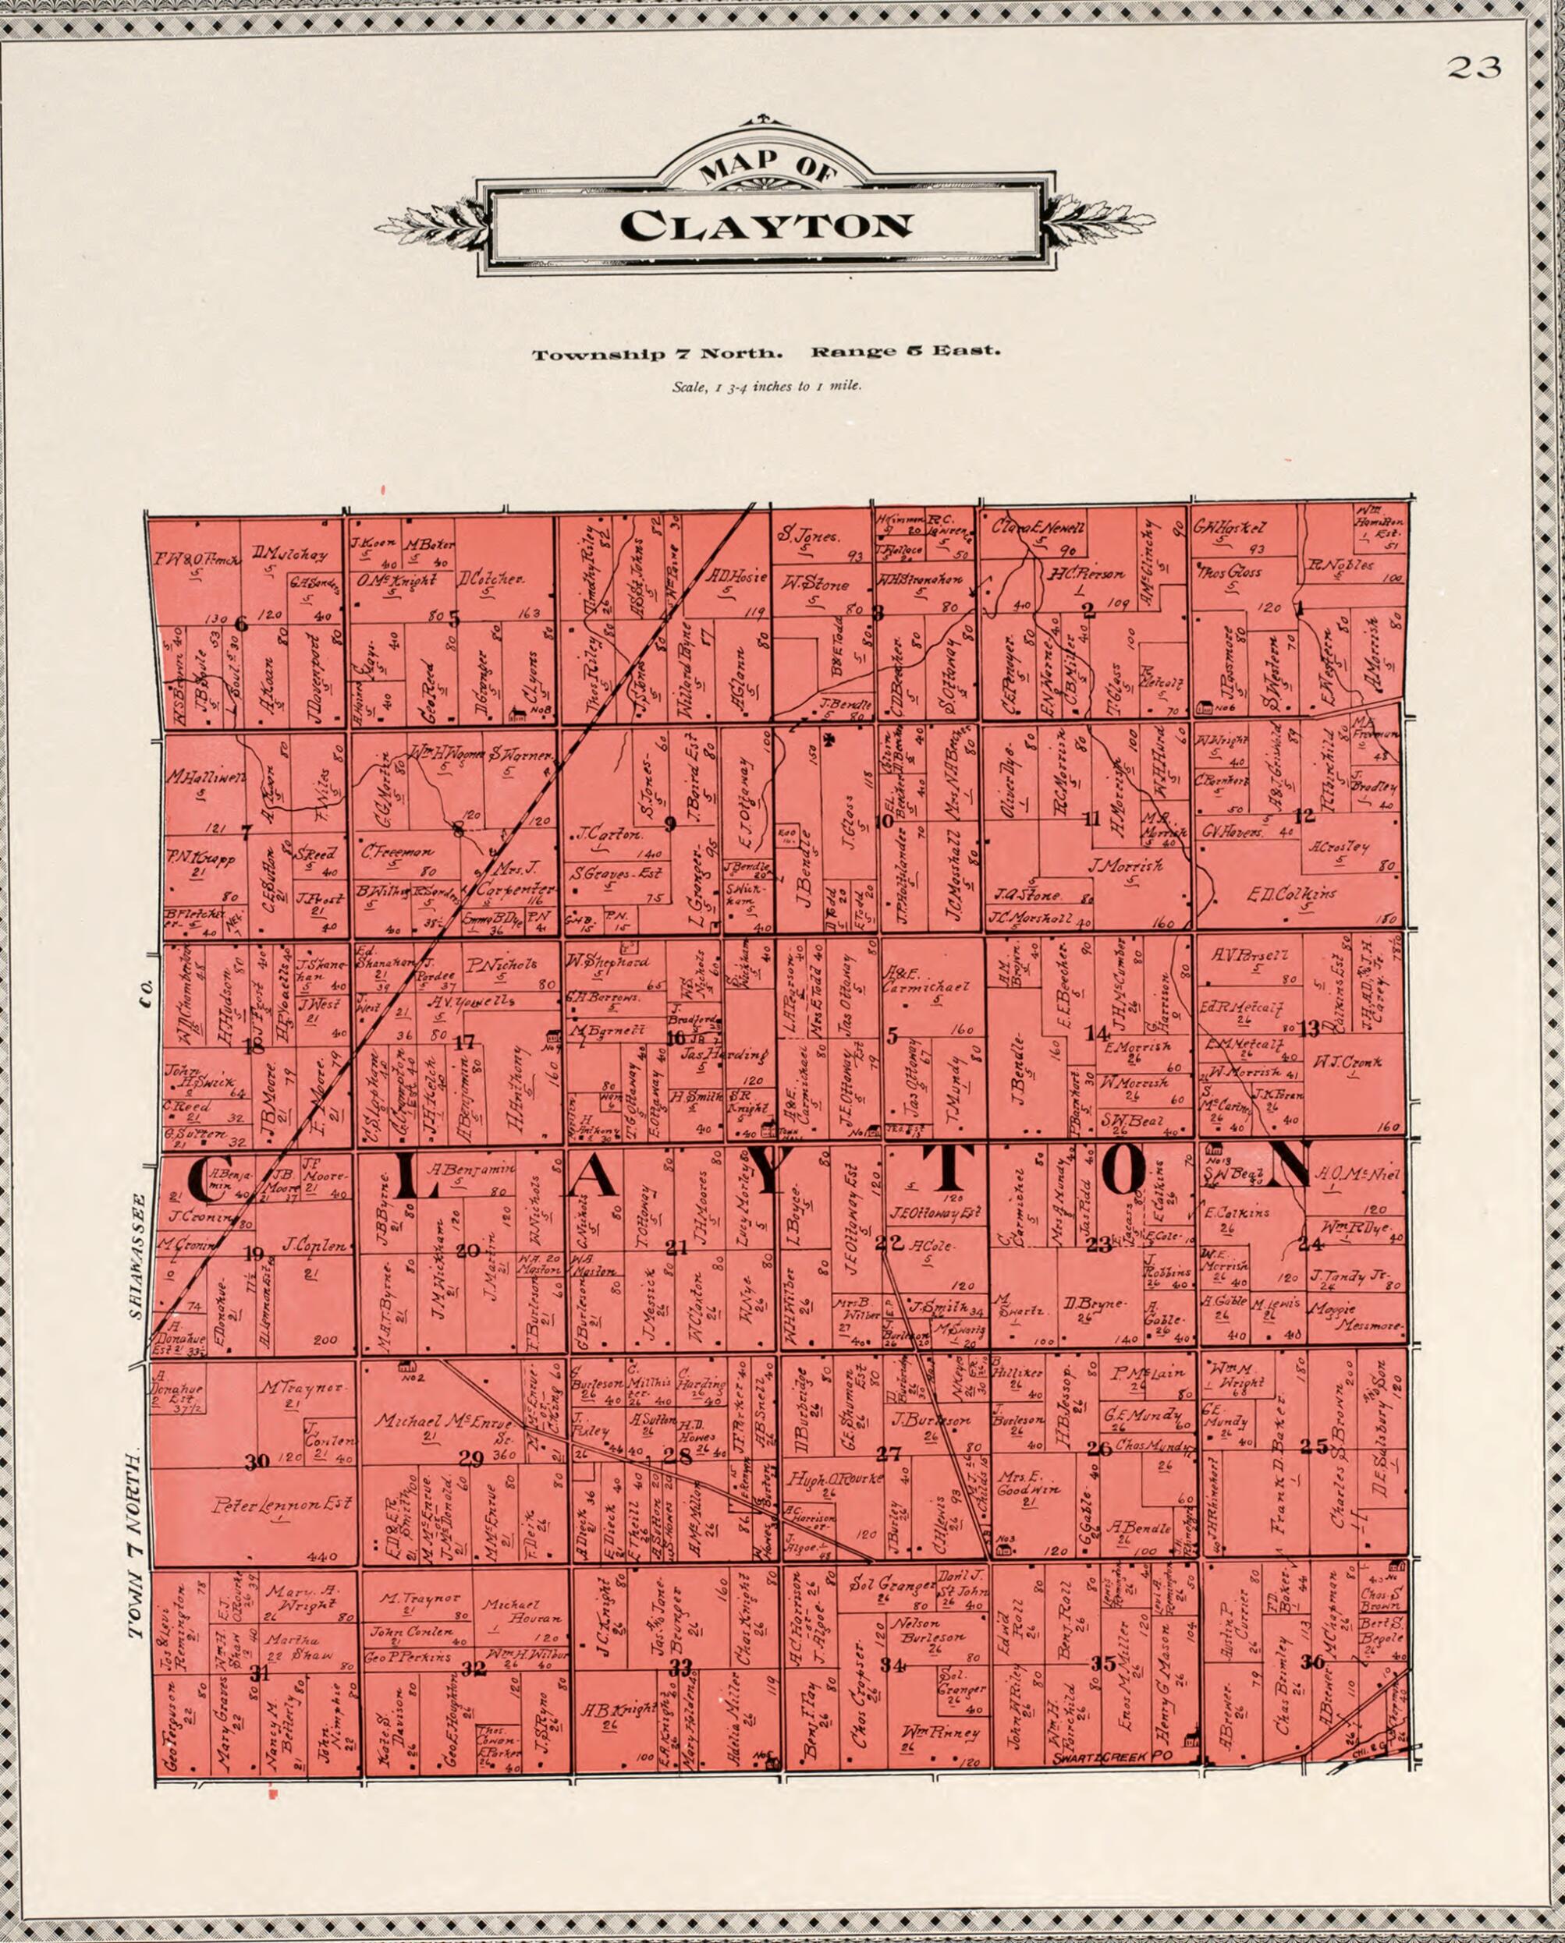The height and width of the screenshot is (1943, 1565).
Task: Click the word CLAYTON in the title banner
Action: [766, 225]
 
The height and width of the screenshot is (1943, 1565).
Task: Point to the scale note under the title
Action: [766, 387]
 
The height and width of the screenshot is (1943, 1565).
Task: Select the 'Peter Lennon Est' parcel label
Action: [282, 1505]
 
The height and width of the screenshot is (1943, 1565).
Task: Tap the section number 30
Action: [257, 1462]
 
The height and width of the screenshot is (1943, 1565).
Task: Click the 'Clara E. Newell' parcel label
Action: [1038, 529]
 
